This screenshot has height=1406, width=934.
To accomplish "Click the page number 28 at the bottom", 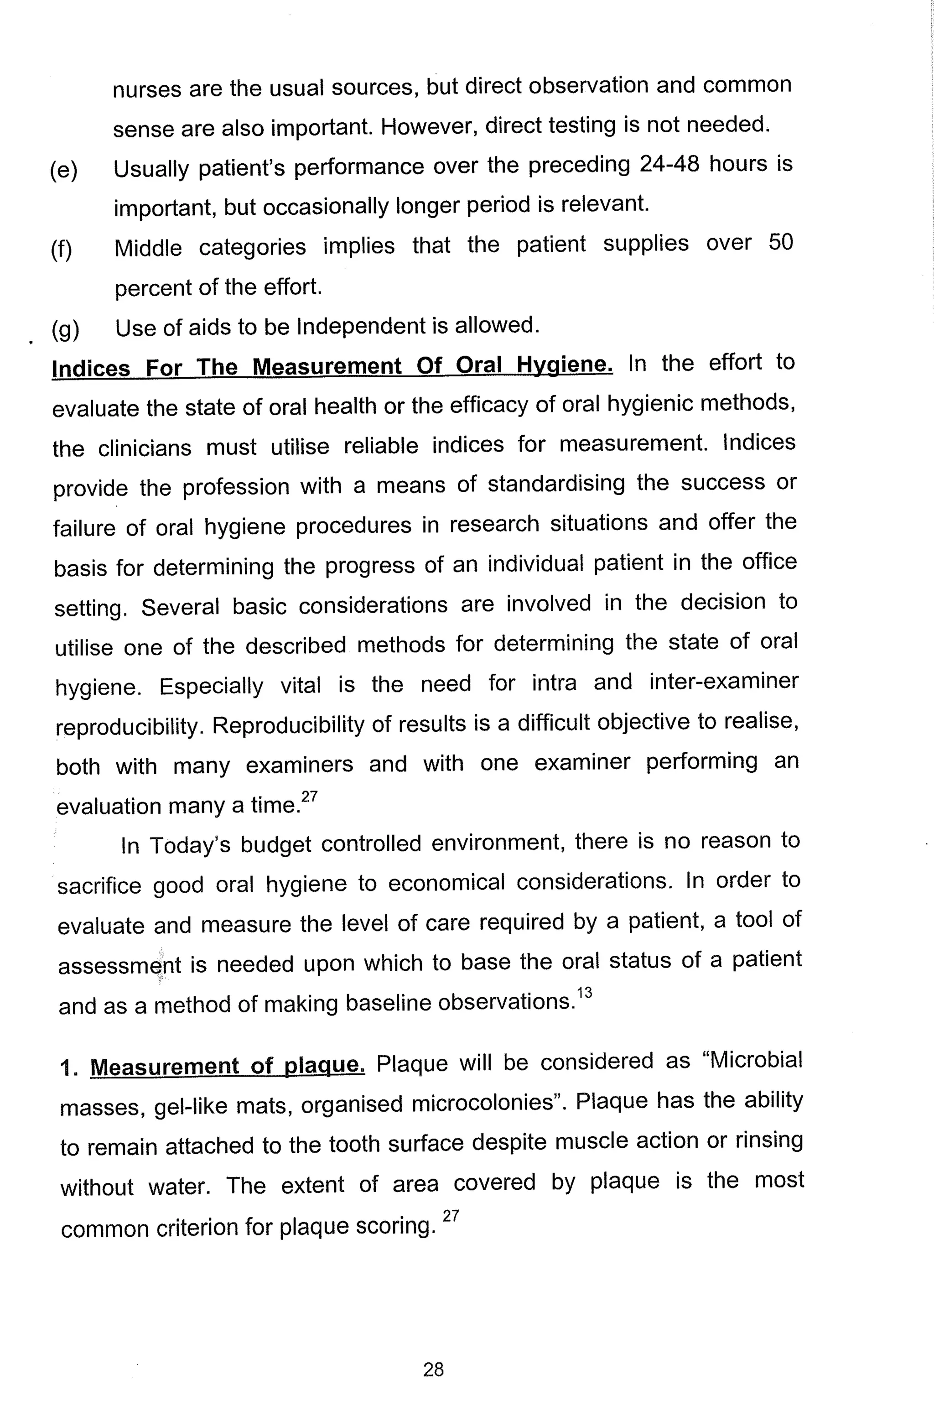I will (433, 1369).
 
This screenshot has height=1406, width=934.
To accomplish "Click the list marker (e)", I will (64, 170).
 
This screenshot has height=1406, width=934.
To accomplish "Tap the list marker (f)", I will (62, 250).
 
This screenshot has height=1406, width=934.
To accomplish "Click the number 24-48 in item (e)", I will (669, 164).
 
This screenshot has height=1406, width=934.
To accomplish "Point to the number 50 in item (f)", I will (780, 243).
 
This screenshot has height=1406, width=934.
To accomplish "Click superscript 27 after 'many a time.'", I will (310, 797).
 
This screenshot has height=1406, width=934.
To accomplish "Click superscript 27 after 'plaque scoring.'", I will (451, 1216).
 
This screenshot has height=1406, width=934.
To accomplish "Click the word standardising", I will (556, 483).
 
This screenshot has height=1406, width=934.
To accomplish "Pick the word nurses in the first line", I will (146, 89).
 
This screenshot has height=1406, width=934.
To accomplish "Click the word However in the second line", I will (426, 126).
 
